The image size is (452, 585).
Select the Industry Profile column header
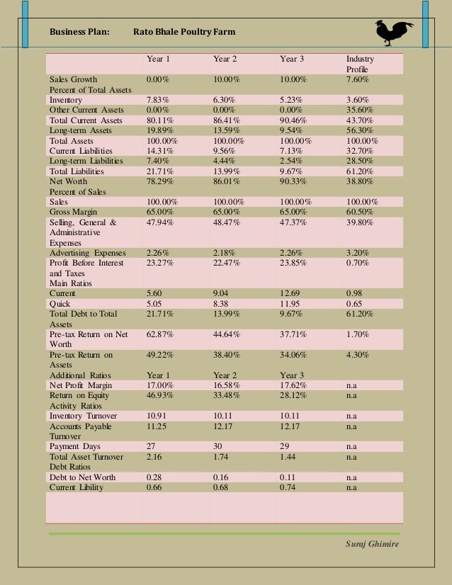[x=360, y=64]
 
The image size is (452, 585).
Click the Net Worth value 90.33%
[x=294, y=181]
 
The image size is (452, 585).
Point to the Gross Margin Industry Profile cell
[x=361, y=212]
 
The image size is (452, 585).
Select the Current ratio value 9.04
[x=222, y=293]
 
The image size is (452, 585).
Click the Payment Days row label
[x=75, y=447]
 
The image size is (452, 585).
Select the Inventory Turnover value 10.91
[x=157, y=416]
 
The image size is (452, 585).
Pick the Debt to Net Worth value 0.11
[x=289, y=477]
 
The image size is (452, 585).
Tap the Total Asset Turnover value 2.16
[x=154, y=457]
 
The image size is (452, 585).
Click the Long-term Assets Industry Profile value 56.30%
[x=361, y=130]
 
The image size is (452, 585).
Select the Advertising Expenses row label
[x=87, y=253]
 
